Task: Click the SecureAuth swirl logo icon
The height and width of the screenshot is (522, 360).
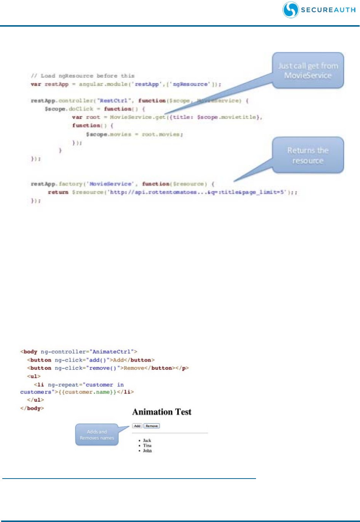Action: click(x=291, y=10)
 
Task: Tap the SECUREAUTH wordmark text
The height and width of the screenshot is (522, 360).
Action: click(x=328, y=10)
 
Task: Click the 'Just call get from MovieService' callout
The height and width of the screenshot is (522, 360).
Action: click(x=308, y=70)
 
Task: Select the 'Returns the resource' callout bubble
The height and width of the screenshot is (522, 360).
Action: click(x=308, y=155)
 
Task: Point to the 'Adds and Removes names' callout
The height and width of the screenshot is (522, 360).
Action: click(x=97, y=435)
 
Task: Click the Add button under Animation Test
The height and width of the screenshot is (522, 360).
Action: click(x=137, y=426)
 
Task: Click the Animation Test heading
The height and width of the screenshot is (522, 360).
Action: click(x=162, y=412)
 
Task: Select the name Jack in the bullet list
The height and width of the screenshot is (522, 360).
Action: click(x=147, y=440)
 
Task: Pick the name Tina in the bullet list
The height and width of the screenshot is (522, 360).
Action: click(x=147, y=445)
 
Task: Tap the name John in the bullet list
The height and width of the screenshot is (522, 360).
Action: click(x=147, y=451)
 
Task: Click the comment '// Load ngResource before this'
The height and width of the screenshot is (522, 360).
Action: click(x=83, y=76)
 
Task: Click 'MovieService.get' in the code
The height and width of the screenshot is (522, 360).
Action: click(x=138, y=117)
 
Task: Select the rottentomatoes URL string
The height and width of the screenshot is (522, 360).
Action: click(x=198, y=192)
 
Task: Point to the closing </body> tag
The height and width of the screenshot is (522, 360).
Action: click(x=32, y=408)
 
